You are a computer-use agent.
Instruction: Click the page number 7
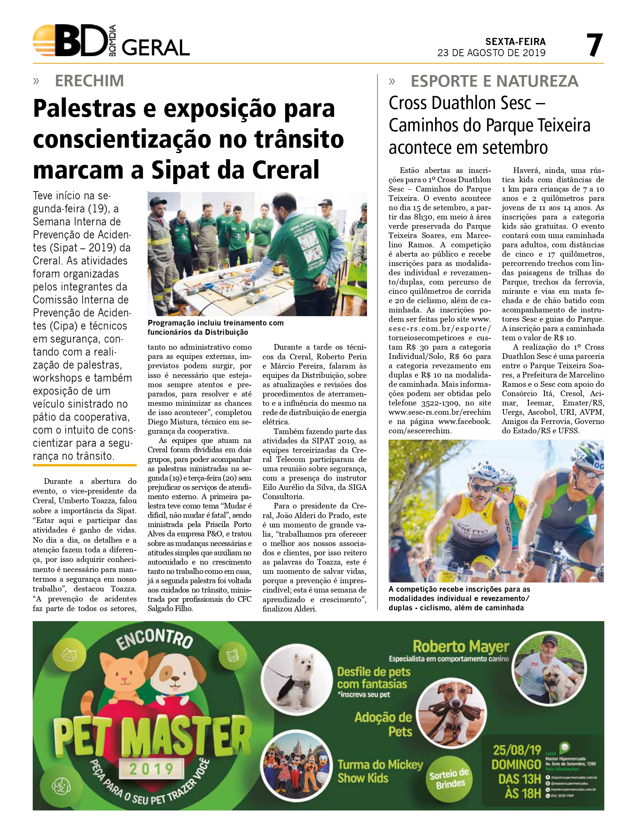594,45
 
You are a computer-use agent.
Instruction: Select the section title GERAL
155,48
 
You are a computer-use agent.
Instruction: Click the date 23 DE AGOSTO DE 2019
491,53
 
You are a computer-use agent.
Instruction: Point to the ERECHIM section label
90,81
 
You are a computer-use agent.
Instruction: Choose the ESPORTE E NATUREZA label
495,81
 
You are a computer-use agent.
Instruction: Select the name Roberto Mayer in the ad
461,646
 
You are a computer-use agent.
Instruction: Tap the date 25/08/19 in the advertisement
517,750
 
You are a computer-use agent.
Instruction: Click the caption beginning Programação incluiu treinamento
215,328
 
